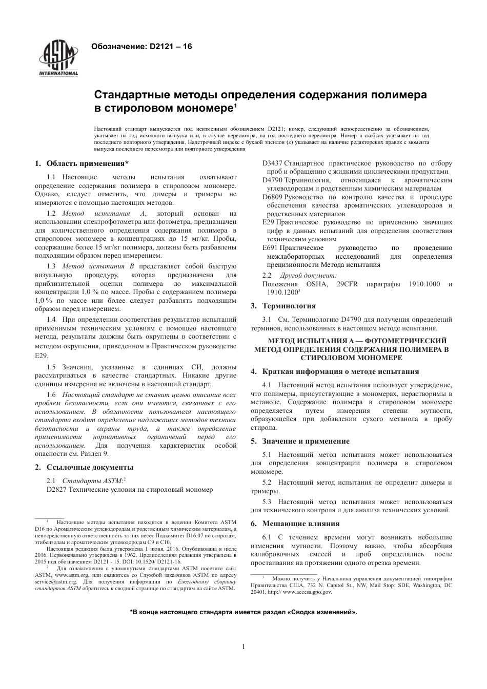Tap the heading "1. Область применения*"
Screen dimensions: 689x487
tap(82, 164)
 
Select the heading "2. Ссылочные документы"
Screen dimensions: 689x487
tap(84, 467)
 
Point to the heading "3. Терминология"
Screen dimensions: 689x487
tap(283, 306)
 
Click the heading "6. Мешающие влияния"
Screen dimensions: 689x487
tap(295, 524)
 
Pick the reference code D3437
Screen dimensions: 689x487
tap(272, 163)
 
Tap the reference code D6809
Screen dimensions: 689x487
tap(272, 197)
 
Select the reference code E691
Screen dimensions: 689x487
tap(270, 247)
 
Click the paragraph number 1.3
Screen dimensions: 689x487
tap(51, 266)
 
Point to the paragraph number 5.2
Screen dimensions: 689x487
tap(267, 482)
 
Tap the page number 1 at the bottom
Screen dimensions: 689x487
tap(243, 646)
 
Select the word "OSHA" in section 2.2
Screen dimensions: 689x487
tap(316, 284)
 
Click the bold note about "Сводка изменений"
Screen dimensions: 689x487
tap(243, 612)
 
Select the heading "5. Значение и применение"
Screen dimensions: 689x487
tap(300, 441)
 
